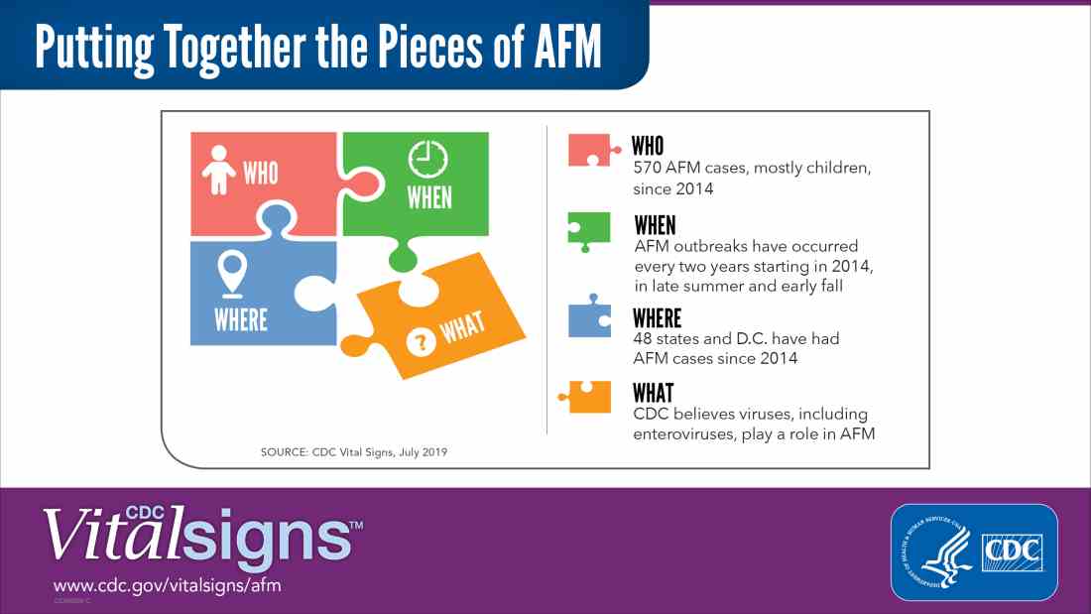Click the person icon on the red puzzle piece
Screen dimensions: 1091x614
[x=218, y=170]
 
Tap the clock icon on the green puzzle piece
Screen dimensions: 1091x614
[x=427, y=160]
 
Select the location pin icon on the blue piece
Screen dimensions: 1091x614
[x=232, y=275]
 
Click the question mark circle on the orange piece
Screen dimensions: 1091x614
[x=421, y=342]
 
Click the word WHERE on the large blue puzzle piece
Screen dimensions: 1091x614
[x=241, y=320]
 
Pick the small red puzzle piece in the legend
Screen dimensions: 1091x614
[x=594, y=151]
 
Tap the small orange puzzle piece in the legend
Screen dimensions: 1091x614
[x=585, y=397]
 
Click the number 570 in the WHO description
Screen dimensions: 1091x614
[x=647, y=168]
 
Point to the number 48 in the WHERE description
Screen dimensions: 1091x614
[x=643, y=339]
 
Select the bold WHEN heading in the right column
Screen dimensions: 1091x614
[x=655, y=225]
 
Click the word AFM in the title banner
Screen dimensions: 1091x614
[x=567, y=48]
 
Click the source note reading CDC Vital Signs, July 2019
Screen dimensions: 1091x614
[x=379, y=452]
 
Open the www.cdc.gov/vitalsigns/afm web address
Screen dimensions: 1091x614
[x=167, y=585]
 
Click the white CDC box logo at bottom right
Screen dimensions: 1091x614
[x=1013, y=553]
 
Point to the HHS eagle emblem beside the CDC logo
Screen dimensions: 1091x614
[x=936, y=553]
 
